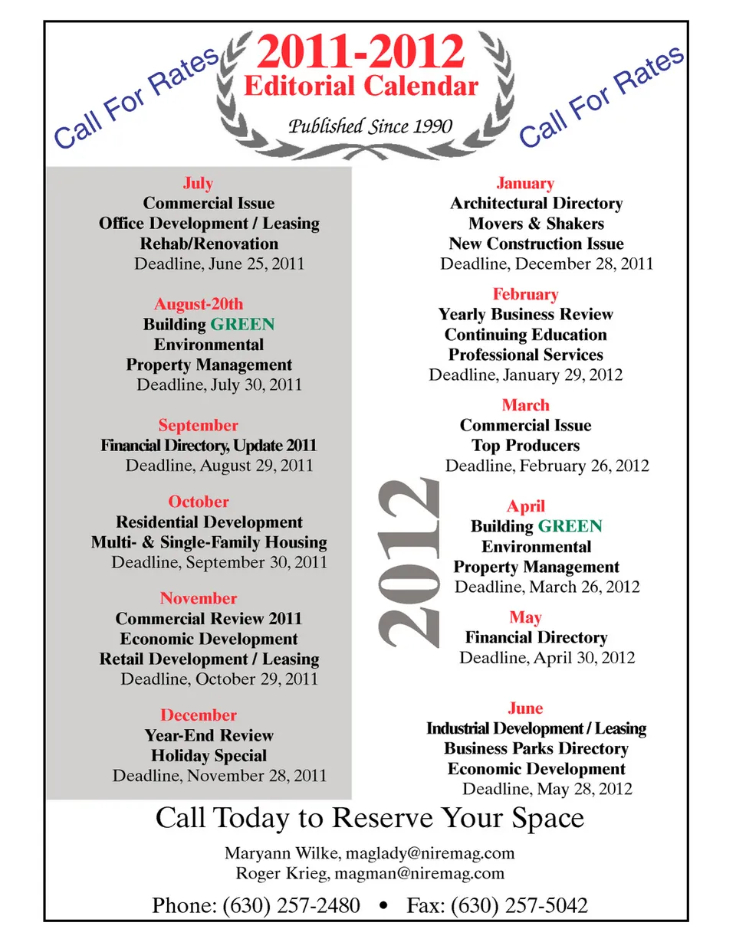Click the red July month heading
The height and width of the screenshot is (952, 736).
(x=198, y=183)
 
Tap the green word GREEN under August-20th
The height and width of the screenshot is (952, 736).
(x=242, y=325)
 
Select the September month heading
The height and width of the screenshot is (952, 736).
(x=198, y=425)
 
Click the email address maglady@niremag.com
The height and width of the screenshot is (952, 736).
(x=430, y=853)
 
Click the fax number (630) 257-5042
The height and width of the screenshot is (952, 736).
(x=519, y=905)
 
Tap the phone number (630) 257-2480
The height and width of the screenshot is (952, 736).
(x=291, y=905)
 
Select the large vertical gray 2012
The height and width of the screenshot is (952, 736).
(x=409, y=561)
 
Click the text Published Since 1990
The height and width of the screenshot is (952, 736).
(x=370, y=126)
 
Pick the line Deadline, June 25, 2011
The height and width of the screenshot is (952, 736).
(x=219, y=263)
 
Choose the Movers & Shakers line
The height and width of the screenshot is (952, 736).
(x=536, y=224)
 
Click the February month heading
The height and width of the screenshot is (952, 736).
(x=525, y=294)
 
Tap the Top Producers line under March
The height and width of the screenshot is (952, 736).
(x=525, y=446)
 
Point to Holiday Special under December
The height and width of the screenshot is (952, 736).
(x=209, y=756)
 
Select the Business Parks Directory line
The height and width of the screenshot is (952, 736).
(x=536, y=748)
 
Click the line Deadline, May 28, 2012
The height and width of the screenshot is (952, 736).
(x=547, y=789)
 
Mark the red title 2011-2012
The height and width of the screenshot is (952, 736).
(x=360, y=52)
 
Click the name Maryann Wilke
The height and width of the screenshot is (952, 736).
(x=281, y=853)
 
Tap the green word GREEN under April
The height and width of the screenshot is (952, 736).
(x=570, y=526)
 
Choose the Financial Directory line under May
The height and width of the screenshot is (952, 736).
(x=536, y=637)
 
